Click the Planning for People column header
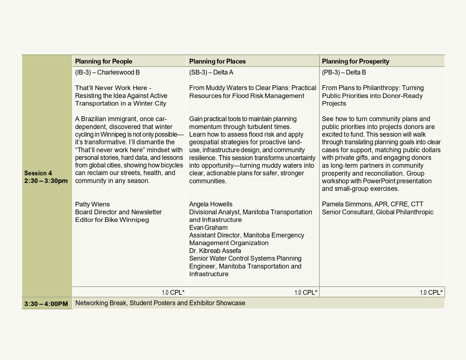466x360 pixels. [104, 61]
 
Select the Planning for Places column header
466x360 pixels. [217, 61]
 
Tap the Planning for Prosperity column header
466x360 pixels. [356, 61]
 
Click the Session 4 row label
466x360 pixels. [38, 173]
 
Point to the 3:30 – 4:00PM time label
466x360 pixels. [46, 304]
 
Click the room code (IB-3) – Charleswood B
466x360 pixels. [107, 72]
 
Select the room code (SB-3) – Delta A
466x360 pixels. [211, 72]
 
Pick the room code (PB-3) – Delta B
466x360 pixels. [344, 72]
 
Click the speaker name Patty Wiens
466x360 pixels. [92, 204]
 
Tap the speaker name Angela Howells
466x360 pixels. [211, 204]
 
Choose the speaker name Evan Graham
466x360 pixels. [208, 228]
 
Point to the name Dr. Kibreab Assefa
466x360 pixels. [215, 251]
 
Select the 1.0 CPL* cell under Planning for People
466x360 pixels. [173, 293]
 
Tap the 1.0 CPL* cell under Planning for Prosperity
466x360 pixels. [431, 293]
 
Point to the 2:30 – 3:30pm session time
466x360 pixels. [46, 181]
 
